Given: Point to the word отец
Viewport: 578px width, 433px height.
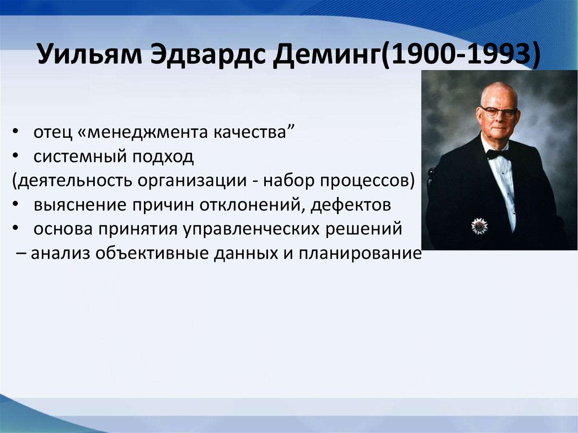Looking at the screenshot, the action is pyautogui.click(x=52, y=133).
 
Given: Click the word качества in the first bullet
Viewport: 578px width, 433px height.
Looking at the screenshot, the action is pyautogui.click(x=250, y=132).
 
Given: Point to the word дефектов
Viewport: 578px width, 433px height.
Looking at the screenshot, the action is pyautogui.click(x=351, y=204).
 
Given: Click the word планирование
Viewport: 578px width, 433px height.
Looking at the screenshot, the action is pyautogui.click(x=360, y=253).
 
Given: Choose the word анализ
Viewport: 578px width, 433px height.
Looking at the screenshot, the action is pyautogui.click(x=60, y=253).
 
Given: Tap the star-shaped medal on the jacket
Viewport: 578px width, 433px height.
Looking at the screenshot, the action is pyautogui.click(x=479, y=226).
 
